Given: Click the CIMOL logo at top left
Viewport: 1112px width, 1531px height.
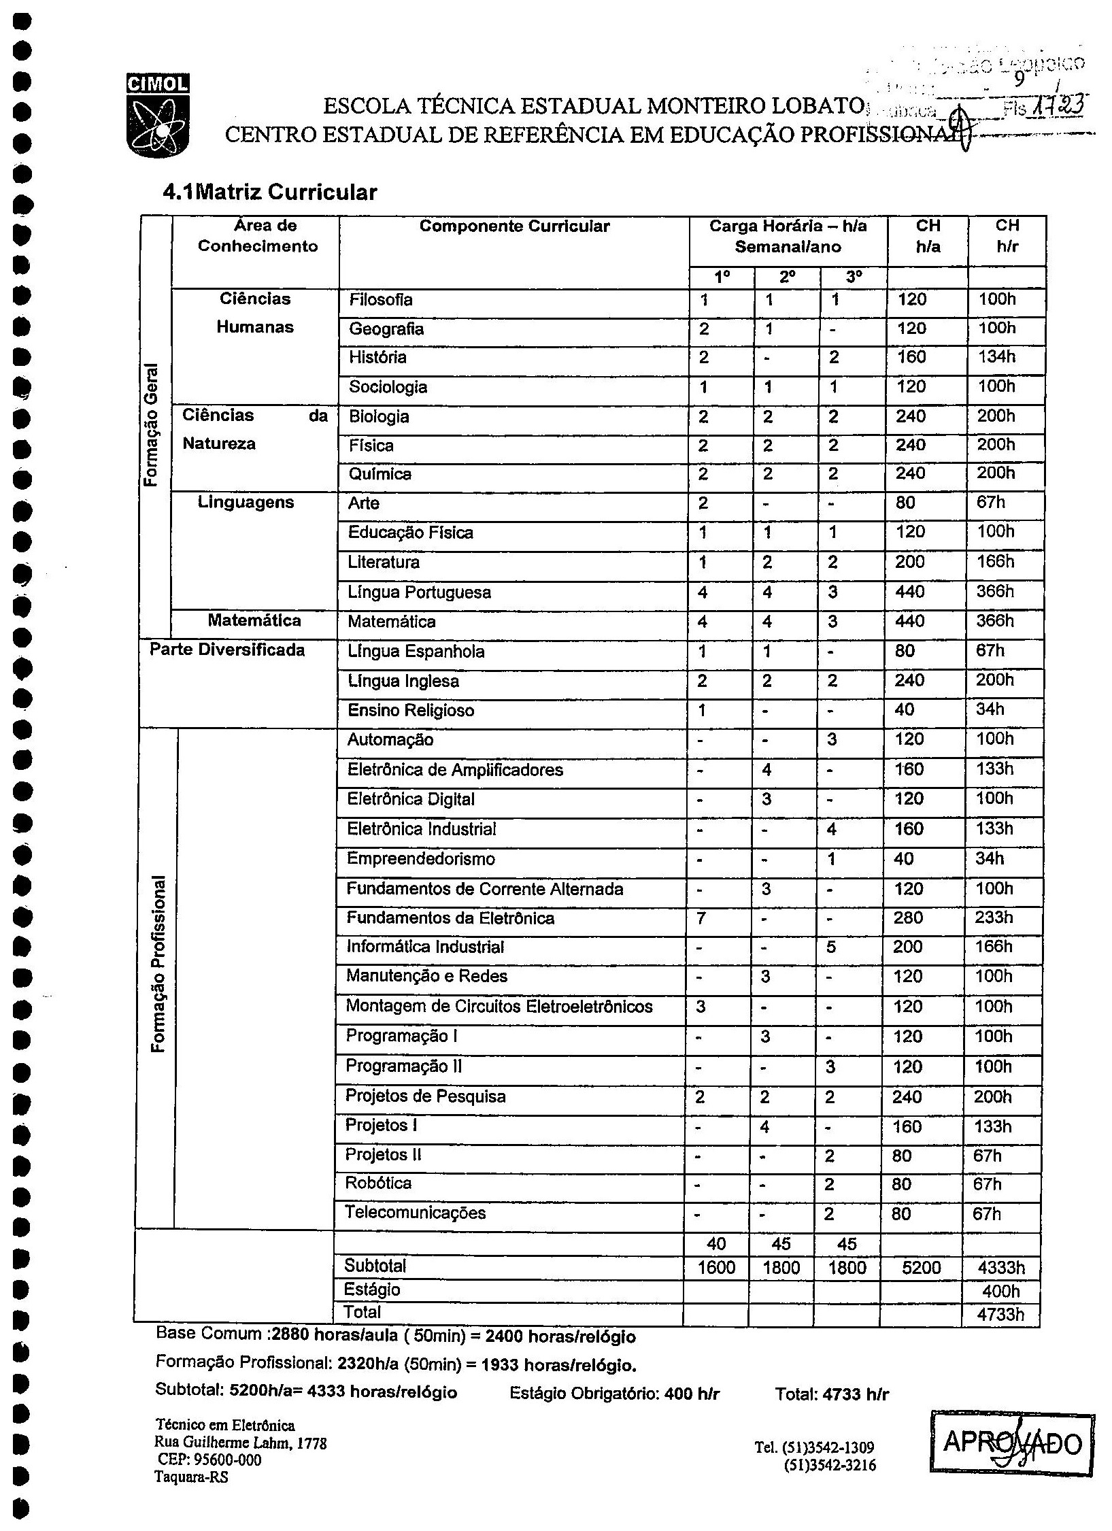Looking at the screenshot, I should (157, 115).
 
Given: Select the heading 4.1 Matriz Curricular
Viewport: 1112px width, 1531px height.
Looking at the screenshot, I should (269, 192).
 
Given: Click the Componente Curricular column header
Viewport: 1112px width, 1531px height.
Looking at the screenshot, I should (514, 226).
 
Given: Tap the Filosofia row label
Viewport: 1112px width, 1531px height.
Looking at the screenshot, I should (380, 300).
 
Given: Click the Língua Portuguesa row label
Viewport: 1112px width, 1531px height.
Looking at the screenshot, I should (419, 592).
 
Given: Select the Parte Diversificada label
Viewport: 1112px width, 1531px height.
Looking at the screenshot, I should (227, 650).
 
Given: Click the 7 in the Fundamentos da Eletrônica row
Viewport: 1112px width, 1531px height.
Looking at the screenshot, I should (701, 918).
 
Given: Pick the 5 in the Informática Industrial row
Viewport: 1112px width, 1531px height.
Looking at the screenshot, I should (831, 947).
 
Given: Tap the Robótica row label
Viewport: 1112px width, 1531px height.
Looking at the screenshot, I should (378, 1183).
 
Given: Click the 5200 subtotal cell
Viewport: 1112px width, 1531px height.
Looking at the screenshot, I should (921, 1268).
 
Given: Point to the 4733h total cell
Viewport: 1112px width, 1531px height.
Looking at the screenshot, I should (1000, 1314).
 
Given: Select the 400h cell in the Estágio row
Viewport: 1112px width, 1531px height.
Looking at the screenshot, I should (1001, 1291).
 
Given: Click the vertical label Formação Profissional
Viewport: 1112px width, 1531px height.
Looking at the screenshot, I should (158, 966).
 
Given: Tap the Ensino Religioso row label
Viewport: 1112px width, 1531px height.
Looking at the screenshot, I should (411, 711).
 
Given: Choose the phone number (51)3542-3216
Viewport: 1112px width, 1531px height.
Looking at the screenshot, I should (830, 1465).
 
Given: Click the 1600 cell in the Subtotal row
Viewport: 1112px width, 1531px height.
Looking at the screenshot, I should (716, 1268).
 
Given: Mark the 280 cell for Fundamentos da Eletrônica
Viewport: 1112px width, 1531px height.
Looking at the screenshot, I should (908, 918).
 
